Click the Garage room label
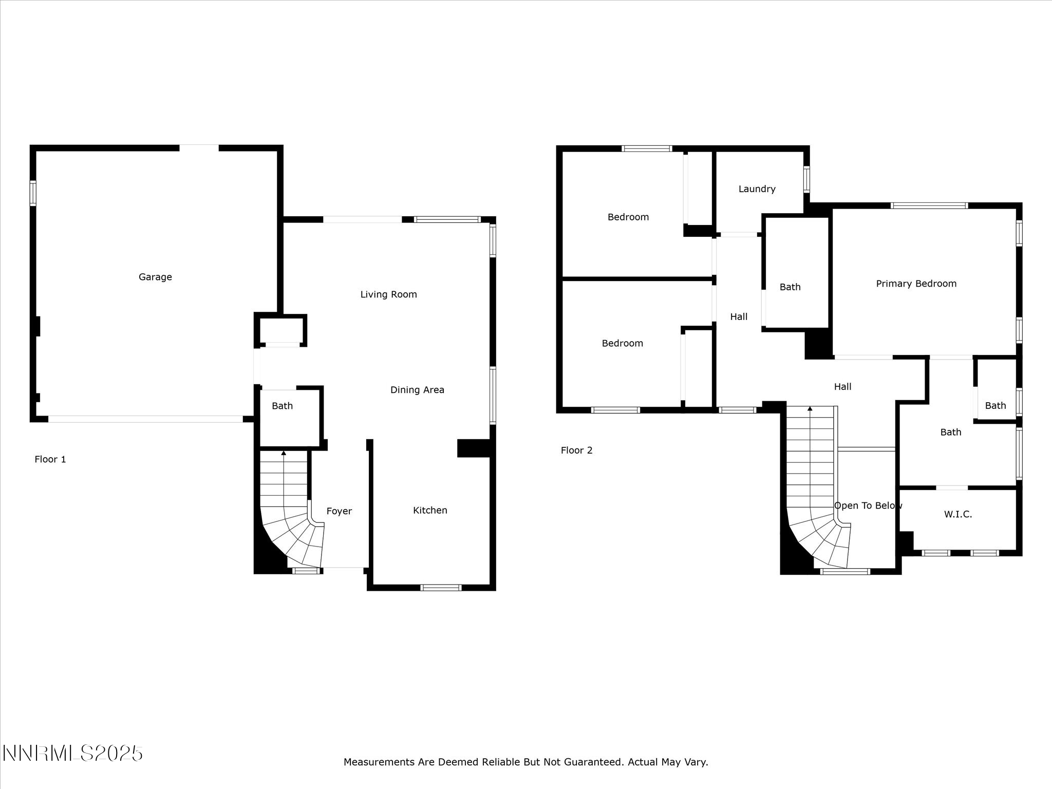point(155,277)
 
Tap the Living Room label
point(388,294)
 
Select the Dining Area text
point(417,390)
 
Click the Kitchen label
point(430,510)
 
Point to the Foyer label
point(339,511)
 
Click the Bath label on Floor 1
point(282,406)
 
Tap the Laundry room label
point(757,189)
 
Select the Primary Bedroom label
point(916,284)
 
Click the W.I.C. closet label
point(957,514)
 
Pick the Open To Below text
point(868,505)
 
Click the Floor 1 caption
point(50,459)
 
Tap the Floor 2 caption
point(576,450)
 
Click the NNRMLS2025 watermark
point(72,754)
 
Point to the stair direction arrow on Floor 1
point(284,453)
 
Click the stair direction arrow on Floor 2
point(810,409)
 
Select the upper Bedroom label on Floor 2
point(628,217)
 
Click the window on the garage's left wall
point(33,193)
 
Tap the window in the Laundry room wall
point(806,179)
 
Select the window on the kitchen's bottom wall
point(441,588)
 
